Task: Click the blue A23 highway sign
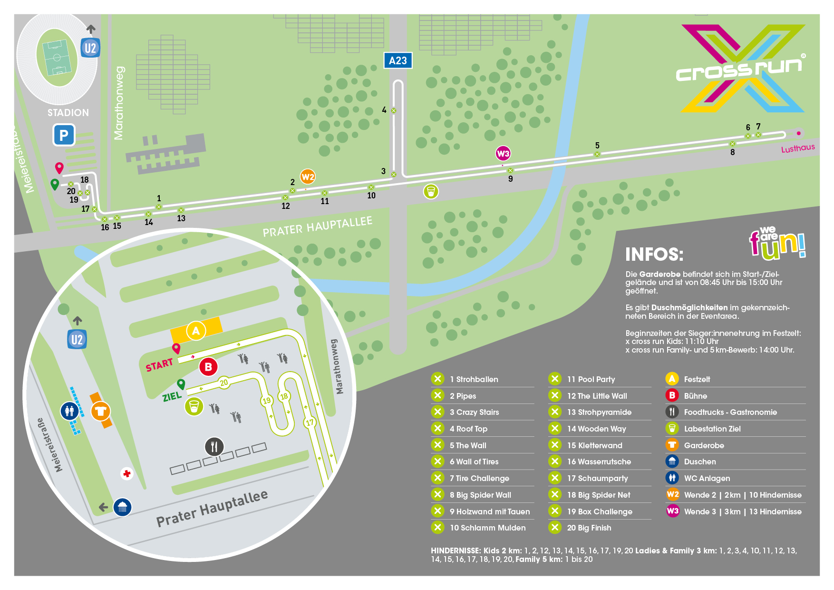[x=398, y=60]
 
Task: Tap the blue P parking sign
[x=64, y=135]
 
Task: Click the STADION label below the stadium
[x=68, y=113]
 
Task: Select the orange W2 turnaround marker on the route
[x=308, y=177]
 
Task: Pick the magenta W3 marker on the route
[x=503, y=153]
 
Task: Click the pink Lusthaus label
[x=798, y=148]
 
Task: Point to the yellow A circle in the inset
[x=196, y=331]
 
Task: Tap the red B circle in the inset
[x=208, y=367]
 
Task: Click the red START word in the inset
[x=159, y=365]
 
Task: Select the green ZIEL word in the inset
[x=172, y=396]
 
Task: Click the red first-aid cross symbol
[x=126, y=473]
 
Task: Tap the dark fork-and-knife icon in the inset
[x=214, y=447]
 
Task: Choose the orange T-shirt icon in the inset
[x=100, y=411]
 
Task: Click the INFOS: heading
[x=654, y=255]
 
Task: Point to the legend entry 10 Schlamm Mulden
[x=487, y=528]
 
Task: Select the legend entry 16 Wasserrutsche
[x=599, y=462]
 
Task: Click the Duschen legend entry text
[x=700, y=462]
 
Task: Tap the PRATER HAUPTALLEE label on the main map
[x=318, y=226]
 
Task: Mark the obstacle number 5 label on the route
[x=597, y=146]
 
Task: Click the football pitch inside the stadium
[x=57, y=58]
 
